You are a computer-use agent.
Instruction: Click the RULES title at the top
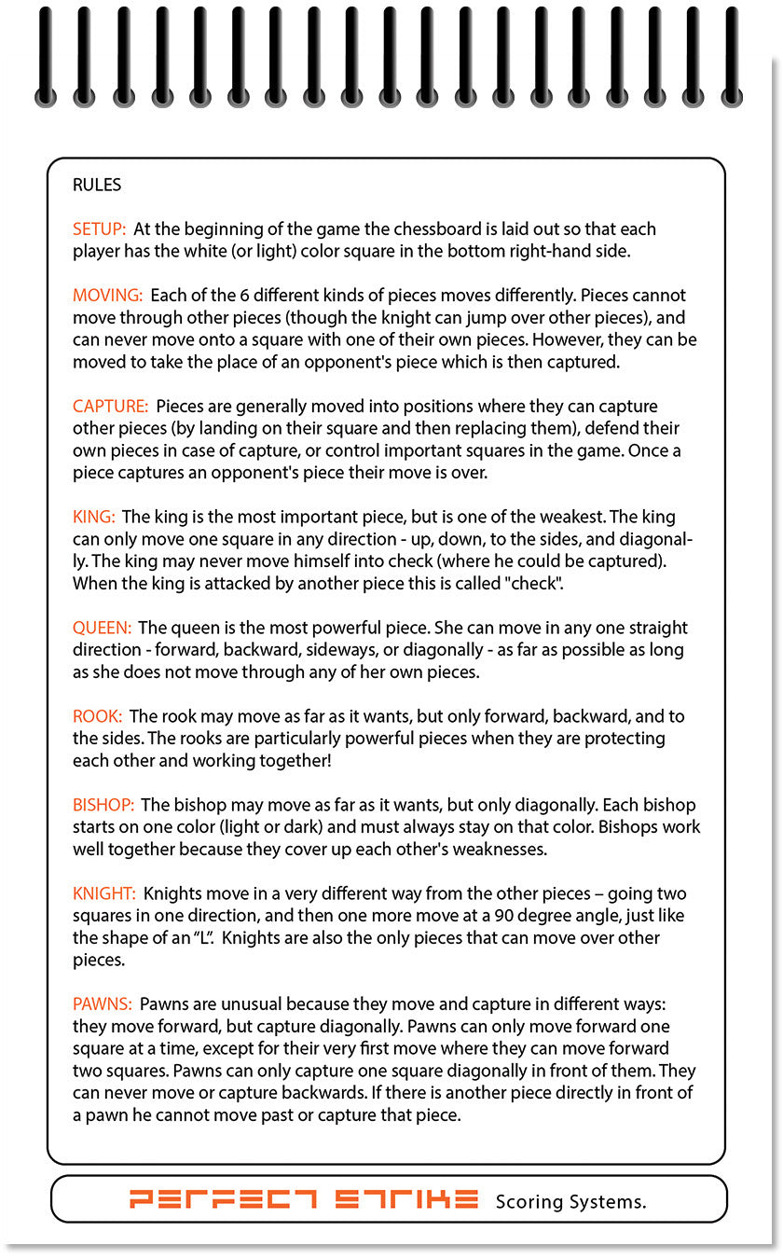click(x=97, y=185)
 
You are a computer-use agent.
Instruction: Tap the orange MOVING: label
click(x=107, y=296)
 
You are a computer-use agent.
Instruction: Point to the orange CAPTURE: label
click(x=110, y=407)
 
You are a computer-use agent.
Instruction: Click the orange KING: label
click(x=94, y=517)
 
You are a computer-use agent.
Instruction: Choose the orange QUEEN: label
click(x=102, y=628)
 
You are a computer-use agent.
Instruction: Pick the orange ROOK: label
click(x=97, y=716)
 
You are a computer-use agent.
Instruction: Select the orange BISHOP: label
click(x=103, y=805)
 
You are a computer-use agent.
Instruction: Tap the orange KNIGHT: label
click(x=104, y=893)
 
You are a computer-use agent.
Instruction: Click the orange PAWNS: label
click(x=103, y=1004)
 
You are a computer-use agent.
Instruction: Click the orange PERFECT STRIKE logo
click(x=304, y=1199)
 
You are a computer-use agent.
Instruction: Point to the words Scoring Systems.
click(x=570, y=1201)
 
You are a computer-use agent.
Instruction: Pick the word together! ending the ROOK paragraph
click(x=291, y=760)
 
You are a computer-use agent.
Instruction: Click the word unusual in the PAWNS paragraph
click(x=242, y=1004)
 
